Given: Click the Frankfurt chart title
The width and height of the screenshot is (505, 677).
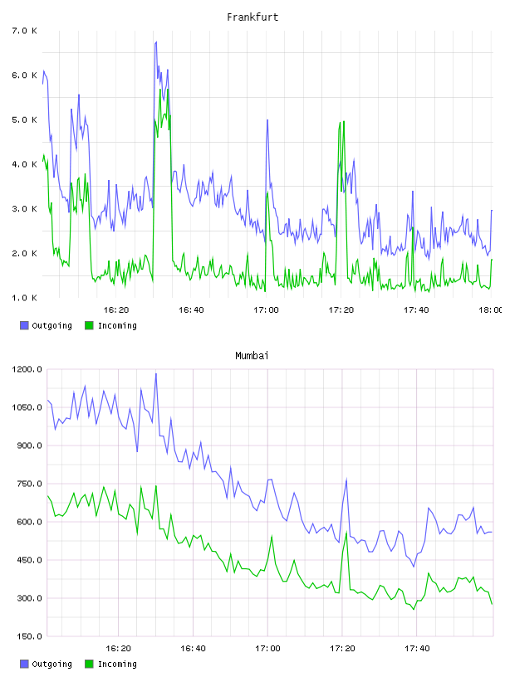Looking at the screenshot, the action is (252, 17).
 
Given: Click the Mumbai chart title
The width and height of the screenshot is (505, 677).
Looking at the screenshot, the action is (252, 355).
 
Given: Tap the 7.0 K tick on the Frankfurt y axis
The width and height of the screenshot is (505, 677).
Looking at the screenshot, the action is (24, 31).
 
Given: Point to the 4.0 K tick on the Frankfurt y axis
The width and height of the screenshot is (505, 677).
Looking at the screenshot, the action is (24, 164).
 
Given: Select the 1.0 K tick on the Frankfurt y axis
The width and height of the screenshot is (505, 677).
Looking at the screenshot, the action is (24, 298).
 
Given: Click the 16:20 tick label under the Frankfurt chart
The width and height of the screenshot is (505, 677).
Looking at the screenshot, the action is (116, 309).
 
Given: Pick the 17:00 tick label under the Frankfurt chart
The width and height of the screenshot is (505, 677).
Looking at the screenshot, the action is (266, 309).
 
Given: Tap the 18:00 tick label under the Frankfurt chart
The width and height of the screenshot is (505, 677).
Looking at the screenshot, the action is (491, 309).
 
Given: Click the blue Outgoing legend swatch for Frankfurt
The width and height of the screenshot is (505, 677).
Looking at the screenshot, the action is (24, 325).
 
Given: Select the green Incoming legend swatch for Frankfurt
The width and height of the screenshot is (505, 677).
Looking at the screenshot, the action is (89, 325).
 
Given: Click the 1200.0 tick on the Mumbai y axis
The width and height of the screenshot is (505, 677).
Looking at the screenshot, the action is (27, 369).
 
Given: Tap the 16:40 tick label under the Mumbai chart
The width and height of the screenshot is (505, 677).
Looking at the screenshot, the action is (193, 648).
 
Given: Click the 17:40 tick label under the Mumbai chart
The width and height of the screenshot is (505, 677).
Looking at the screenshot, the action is (417, 648).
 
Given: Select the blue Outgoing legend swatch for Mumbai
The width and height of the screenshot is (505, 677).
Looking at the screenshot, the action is (24, 664).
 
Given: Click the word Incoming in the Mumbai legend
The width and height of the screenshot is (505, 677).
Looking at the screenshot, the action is (117, 665).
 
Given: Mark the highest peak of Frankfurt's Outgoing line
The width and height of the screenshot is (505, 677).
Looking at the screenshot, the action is (156, 41).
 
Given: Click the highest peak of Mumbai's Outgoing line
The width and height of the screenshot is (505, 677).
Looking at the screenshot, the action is (156, 374).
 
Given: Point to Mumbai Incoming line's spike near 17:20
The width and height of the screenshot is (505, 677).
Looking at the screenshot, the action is (346, 533).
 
